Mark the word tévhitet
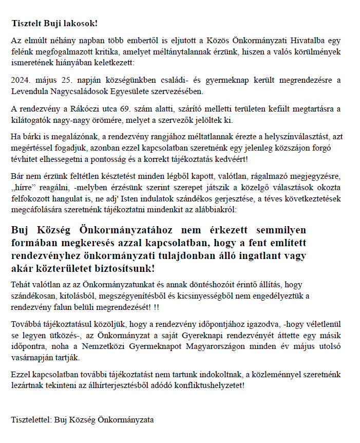[24, 160]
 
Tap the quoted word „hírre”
[24, 187]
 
